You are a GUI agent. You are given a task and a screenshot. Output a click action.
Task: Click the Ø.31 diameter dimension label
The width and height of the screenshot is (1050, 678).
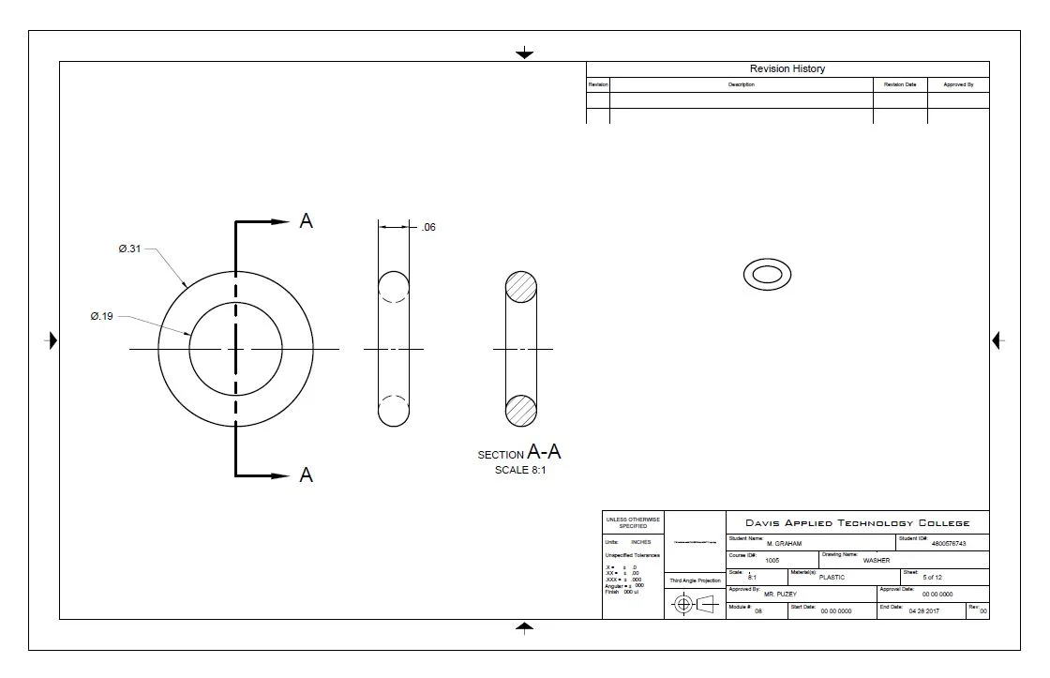129,249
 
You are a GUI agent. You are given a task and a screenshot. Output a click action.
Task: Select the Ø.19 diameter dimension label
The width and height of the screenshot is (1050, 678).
102,317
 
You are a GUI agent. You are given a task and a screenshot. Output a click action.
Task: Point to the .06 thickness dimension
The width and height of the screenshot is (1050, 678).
427,227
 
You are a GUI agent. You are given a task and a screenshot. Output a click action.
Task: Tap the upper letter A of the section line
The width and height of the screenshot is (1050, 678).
306,221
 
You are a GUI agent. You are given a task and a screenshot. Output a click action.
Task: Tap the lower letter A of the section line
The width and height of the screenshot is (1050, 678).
306,475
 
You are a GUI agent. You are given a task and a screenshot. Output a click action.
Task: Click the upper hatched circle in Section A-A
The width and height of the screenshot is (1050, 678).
521,287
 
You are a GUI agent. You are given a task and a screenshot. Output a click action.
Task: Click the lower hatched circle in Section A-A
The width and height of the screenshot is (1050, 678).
521,410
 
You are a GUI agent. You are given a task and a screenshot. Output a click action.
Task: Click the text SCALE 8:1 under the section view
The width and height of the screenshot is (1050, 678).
520,470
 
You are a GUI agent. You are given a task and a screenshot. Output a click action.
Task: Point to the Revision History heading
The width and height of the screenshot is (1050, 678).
787,68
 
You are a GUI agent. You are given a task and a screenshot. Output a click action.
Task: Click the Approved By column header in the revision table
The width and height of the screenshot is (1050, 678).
958,84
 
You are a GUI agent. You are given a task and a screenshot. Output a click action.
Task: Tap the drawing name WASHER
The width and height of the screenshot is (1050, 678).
876,560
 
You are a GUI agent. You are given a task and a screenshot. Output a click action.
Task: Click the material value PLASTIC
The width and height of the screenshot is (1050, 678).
832,578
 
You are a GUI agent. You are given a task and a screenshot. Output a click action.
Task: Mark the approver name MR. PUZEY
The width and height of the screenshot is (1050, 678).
782,595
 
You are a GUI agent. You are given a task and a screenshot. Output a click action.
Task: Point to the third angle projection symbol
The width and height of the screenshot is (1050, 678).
695,604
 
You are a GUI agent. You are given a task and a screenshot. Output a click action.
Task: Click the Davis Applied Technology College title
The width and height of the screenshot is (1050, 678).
857,523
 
